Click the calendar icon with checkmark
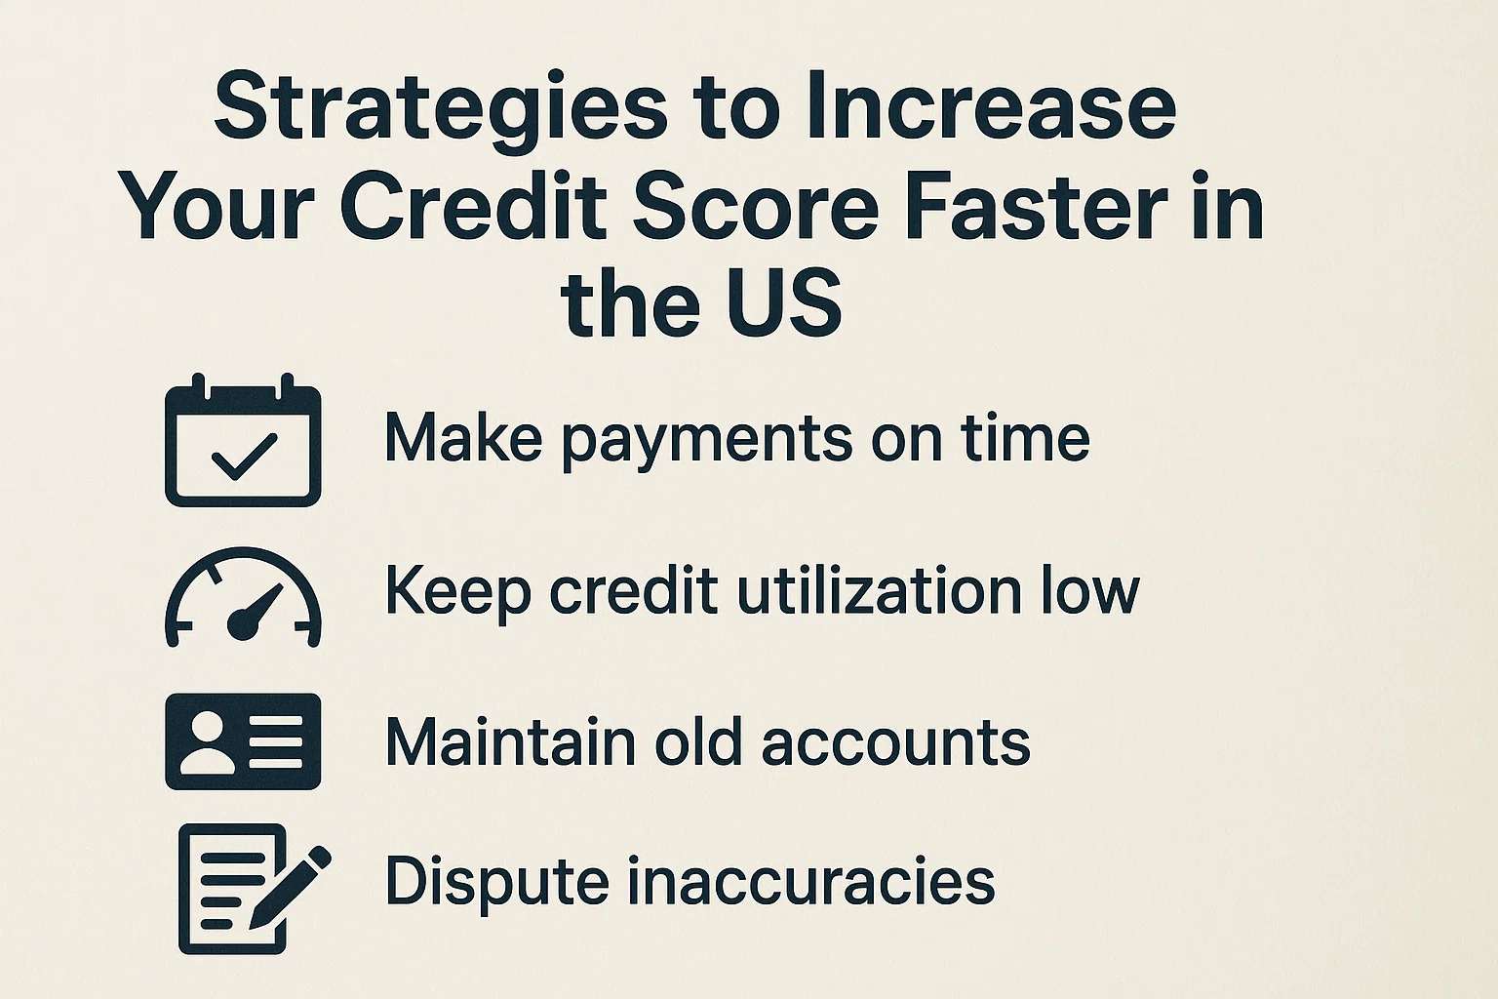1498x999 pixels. (243, 441)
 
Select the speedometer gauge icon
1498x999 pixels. (243, 597)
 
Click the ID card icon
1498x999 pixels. (243, 741)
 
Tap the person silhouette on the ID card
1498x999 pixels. (207, 741)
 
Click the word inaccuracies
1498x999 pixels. (810, 881)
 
